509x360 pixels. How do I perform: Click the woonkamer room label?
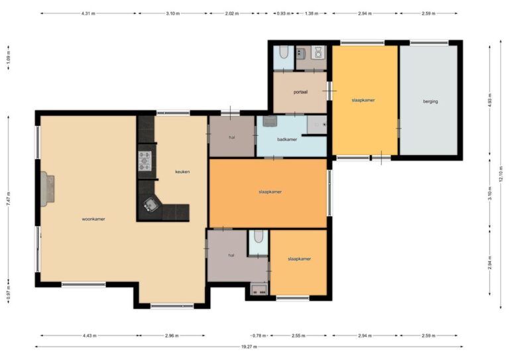coord(93,219)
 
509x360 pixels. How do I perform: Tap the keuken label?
coord(182,172)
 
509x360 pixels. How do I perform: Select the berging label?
coord(430,101)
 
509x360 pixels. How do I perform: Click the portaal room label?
coord(300,92)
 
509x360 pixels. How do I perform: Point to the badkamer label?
coord(287,139)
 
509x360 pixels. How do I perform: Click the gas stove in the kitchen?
coord(144,161)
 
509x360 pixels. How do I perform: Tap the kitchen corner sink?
coord(150,204)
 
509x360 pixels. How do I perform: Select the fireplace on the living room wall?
coord(47,189)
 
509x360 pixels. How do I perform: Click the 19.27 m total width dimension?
coord(249,347)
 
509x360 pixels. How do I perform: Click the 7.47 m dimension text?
coord(9,198)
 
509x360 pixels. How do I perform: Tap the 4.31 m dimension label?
coord(88,14)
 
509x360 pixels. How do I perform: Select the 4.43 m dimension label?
coord(89,335)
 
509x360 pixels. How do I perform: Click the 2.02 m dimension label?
coord(232,14)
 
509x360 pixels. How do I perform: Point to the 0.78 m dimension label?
coord(259,335)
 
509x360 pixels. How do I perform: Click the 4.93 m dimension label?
coord(490,100)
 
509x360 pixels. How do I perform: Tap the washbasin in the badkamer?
coord(270,121)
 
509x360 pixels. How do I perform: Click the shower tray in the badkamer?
coord(317,125)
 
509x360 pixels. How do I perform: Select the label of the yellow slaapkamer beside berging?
coord(363,100)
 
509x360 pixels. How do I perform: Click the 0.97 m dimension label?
coord(9,293)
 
